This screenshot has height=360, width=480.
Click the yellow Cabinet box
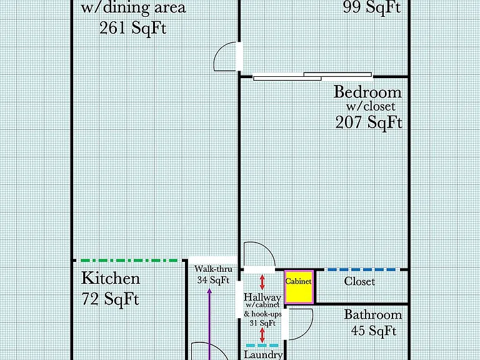(x=299, y=287)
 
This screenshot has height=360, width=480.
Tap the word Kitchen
(x=111, y=278)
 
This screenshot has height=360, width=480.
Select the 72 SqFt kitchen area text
(x=111, y=299)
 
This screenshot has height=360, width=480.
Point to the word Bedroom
(x=367, y=92)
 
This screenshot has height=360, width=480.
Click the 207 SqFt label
(x=369, y=122)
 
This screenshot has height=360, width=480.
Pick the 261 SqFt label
(x=133, y=28)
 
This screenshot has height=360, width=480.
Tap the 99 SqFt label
(x=372, y=7)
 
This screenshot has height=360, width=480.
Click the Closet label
(x=359, y=281)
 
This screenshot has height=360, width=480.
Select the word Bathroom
(x=373, y=314)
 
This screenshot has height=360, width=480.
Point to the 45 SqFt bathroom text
(x=374, y=331)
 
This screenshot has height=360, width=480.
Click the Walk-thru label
(x=213, y=269)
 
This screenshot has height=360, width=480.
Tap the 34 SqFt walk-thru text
(x=213, y=280)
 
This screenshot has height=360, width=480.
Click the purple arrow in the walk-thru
(x=209, y=324)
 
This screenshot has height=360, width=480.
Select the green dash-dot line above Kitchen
(x=129, y=261)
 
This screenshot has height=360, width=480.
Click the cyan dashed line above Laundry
(x=262, y=345)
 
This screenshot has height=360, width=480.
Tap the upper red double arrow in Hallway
(x=262, y=282)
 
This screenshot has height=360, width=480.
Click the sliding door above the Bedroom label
(x=312, y=76)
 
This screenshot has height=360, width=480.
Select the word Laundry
(x=263, y=355)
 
